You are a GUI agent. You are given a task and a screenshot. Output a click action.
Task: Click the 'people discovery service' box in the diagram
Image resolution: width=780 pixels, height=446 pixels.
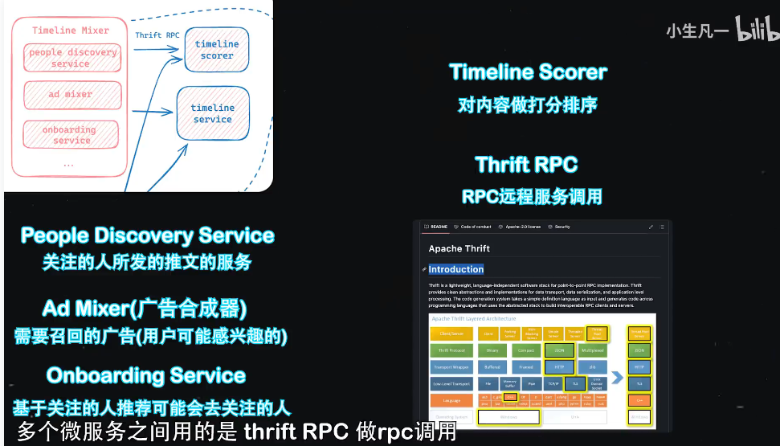click(x=72, y=58)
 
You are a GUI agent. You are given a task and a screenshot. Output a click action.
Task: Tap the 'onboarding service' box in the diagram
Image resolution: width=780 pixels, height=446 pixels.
click(x=71, y=134)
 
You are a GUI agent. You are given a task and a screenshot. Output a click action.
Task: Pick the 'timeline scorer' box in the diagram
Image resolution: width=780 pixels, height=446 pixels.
click(x=217, y=50)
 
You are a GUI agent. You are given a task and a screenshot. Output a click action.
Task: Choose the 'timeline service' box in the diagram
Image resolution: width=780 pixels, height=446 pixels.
click(x=213, y=113)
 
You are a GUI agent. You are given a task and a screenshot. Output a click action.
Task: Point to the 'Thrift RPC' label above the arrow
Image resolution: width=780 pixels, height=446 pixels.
click(x=157, y=35)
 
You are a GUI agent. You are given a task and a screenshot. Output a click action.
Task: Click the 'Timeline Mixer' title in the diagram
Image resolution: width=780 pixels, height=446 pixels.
click(x=71, y=31)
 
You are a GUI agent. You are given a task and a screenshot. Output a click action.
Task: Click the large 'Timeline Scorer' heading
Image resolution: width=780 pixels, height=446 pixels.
click(x=528, y=72)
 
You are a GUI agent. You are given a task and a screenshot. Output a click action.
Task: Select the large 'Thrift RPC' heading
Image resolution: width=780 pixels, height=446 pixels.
click(x=526, y=165)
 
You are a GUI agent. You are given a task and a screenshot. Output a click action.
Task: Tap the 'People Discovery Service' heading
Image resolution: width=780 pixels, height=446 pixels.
click(x=147, y=235)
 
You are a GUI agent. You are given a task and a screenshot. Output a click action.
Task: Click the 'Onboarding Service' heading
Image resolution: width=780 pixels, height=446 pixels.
click(x=146, y=375)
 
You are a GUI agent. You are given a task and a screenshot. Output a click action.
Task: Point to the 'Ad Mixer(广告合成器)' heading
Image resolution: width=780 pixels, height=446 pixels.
click(x=145, y=308)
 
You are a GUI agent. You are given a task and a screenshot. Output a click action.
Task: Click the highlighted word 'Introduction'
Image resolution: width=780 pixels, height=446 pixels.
click(x=455, y=269)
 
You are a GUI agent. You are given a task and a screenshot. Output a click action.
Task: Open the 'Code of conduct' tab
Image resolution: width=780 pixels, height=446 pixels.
click(x=473, y=227)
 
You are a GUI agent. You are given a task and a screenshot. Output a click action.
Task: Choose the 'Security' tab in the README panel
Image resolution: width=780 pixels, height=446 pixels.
click(x=559, y=227)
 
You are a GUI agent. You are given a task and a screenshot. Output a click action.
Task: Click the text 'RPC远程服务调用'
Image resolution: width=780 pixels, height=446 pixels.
click(x=532, y=197)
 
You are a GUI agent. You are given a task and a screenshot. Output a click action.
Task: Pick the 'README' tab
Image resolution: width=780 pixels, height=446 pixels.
click(x=437, y=227)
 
